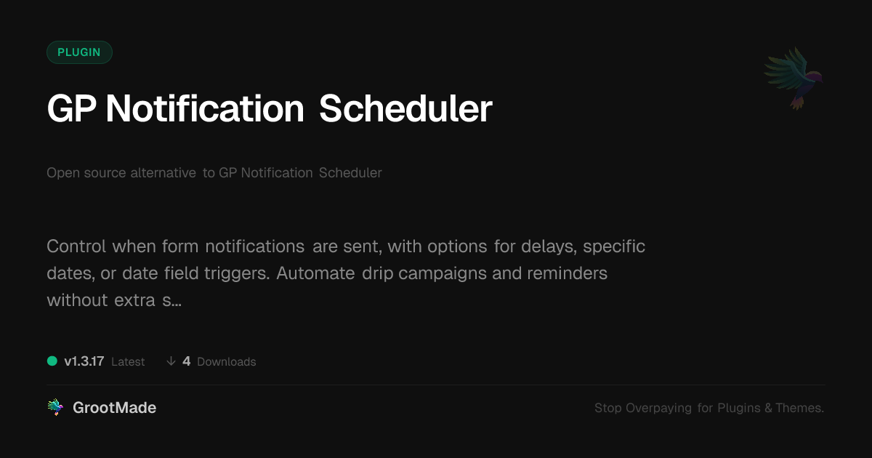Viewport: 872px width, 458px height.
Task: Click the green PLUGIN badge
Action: (x=79, y=52)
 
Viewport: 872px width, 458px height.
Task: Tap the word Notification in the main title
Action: (x=205, y=108)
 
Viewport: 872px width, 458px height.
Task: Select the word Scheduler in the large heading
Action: (x=405, y=108)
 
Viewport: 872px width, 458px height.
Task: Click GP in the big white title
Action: (x=72, y=108)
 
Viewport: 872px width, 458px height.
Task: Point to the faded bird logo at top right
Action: (x=794, y=79)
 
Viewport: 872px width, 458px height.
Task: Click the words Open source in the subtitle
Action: (x=86, y=172)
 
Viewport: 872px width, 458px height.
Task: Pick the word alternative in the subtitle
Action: (x=163, y=172)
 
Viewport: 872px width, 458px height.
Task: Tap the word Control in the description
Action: (x=76, y=246)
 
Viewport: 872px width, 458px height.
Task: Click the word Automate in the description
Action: (x=315, y=273)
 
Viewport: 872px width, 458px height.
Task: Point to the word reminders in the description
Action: (x=568, y=273)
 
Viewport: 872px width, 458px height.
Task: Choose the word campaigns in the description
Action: (x=443, y=274)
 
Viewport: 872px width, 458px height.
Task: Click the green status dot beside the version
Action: (x=52, y=361)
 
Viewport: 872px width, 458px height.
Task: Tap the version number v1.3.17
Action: (x=84, y=361)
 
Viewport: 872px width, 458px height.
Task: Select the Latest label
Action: (x=128, y=362)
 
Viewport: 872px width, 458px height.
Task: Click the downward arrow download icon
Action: (x=171, y=361)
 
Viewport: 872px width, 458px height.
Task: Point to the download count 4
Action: (x=187, y=361)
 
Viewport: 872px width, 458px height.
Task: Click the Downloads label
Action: (x=227, y=362)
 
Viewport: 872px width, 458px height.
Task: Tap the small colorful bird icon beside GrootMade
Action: (x=56, y=407)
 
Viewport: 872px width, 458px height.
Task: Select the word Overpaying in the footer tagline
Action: (x=658, y=408)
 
